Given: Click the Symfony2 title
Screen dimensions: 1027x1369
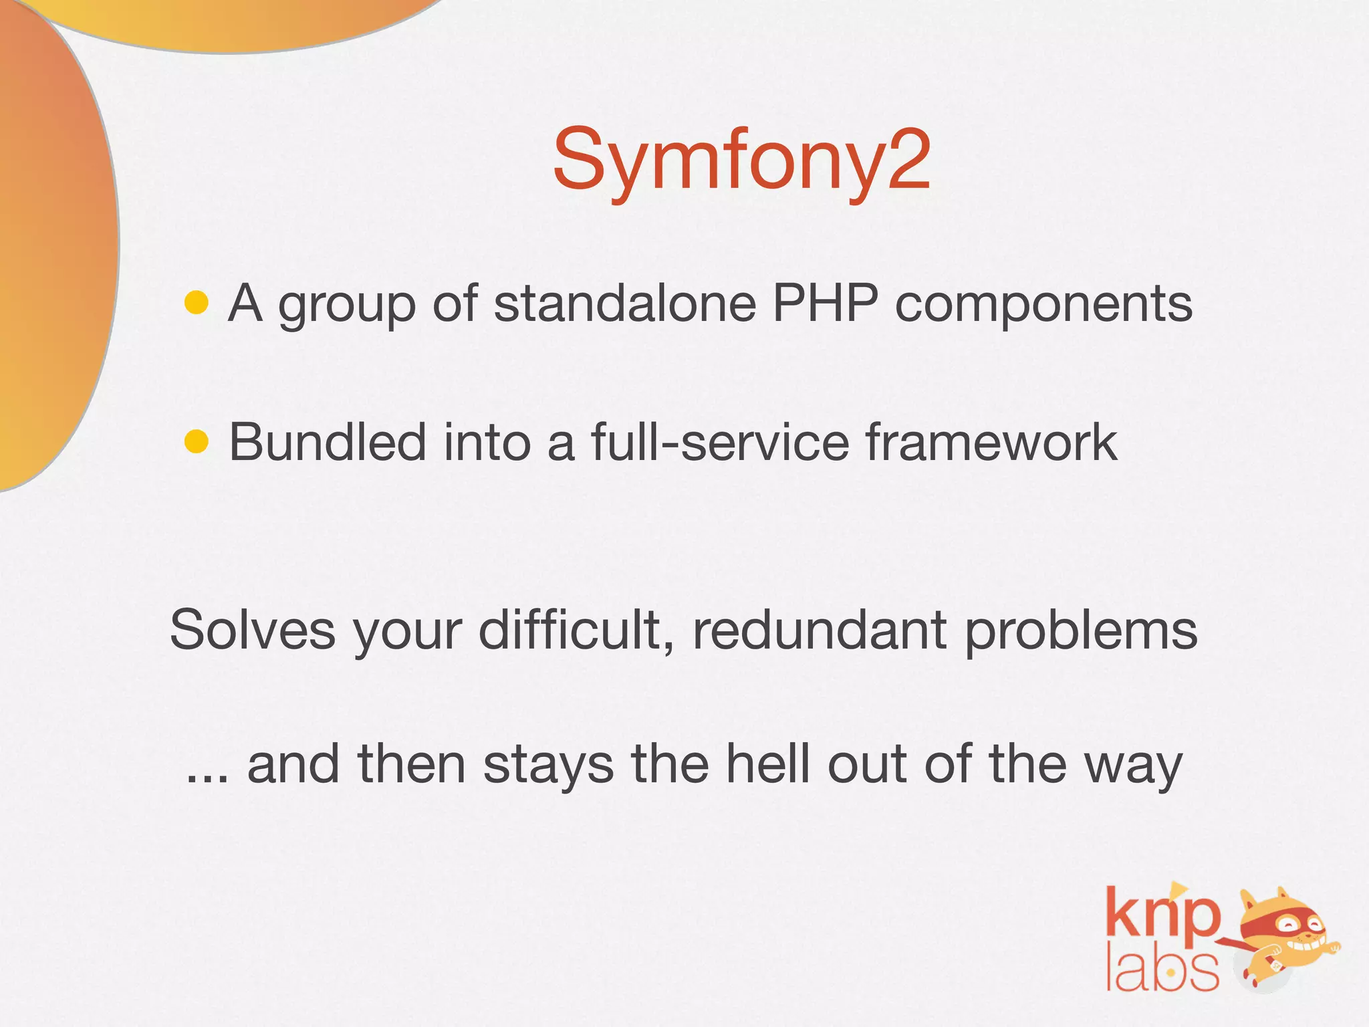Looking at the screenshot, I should click(742, 160).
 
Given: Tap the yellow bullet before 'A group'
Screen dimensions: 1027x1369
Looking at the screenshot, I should click(197, 303).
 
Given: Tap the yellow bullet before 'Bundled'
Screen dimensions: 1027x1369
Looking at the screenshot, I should click(197, 442).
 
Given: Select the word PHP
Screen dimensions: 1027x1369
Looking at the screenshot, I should click(825, 304).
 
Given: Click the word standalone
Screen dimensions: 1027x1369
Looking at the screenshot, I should click(625, 304).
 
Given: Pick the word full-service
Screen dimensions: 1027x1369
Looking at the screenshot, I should click(720, 442).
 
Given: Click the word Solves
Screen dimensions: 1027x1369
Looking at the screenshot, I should click(252, 630).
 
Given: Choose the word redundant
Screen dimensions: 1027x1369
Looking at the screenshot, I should click(820, 630).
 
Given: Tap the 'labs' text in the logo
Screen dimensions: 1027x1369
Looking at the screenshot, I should click(1162, 969).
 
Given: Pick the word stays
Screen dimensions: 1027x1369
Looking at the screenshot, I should click(548, 766).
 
